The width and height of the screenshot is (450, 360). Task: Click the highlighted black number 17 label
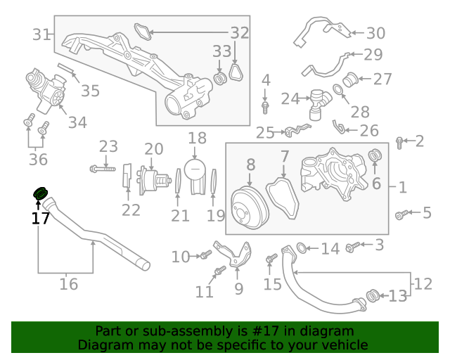(x=41, y=218)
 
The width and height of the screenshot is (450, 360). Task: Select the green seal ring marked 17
(x=40, y=193)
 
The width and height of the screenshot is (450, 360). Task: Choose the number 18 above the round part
(x=197, y=138)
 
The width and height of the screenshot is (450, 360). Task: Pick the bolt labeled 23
(x=102, y=168)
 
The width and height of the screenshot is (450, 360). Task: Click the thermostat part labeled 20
(x=153, y=180)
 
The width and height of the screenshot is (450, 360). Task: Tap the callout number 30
(x=376, y=32)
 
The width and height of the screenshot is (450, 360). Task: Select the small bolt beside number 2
(x=399, y=143)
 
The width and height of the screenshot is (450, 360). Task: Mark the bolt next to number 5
(x=403, y=213)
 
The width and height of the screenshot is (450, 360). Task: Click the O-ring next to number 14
(x=302, y=247)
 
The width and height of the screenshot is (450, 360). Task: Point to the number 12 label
(x=423, y=284)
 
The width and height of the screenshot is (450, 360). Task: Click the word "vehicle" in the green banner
(x=342, y=345)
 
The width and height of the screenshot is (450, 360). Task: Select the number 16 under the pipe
(x=68, y=284)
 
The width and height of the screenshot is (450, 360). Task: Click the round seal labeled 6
(x=376, y=155)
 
